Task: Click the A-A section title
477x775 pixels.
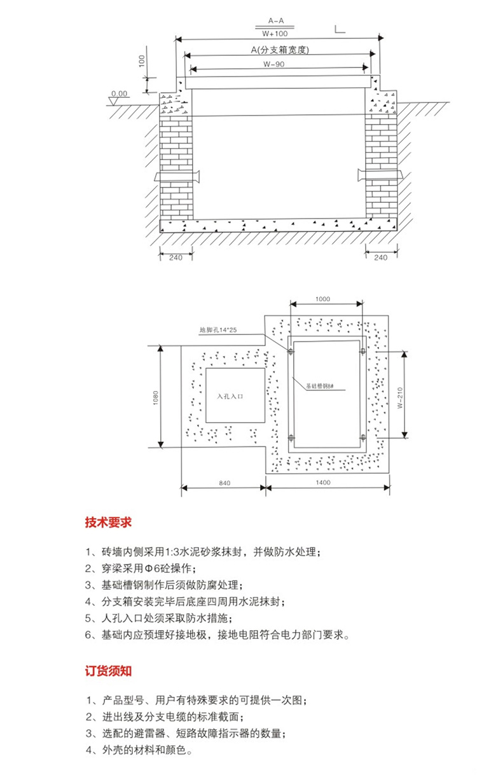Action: coord(275,20)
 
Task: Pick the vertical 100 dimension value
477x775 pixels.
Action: coord(142,61)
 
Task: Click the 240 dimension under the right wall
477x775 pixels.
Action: coord(382,257)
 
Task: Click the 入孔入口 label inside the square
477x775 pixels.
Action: coord(231,395)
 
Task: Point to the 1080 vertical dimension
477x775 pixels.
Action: coord(155,396)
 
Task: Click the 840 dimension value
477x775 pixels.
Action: coord(223,483)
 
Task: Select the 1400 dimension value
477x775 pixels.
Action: coord(323,483)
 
